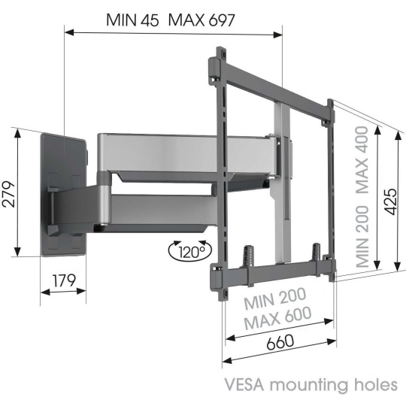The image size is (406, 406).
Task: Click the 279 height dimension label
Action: tap(8, 194)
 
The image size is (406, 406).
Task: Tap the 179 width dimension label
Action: tap(64, 280)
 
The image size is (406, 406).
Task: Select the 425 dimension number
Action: tap(390, 201)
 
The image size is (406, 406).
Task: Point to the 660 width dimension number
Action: tap(280, 342)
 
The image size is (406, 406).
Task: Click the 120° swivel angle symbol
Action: tap(190, 251)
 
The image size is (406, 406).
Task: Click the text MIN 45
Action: tap(132, 20)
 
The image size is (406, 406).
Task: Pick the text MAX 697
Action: tap(201, 20)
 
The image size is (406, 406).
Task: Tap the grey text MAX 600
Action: tap(277, 318)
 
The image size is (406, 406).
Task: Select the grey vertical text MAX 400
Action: tap(362, 159)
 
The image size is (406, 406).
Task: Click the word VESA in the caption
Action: tap(244, 385)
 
